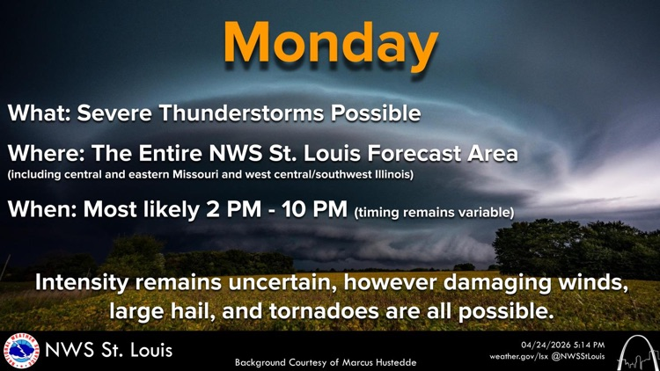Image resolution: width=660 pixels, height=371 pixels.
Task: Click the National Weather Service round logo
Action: point(21,350)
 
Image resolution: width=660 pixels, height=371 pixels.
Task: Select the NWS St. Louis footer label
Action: point(109,350)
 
